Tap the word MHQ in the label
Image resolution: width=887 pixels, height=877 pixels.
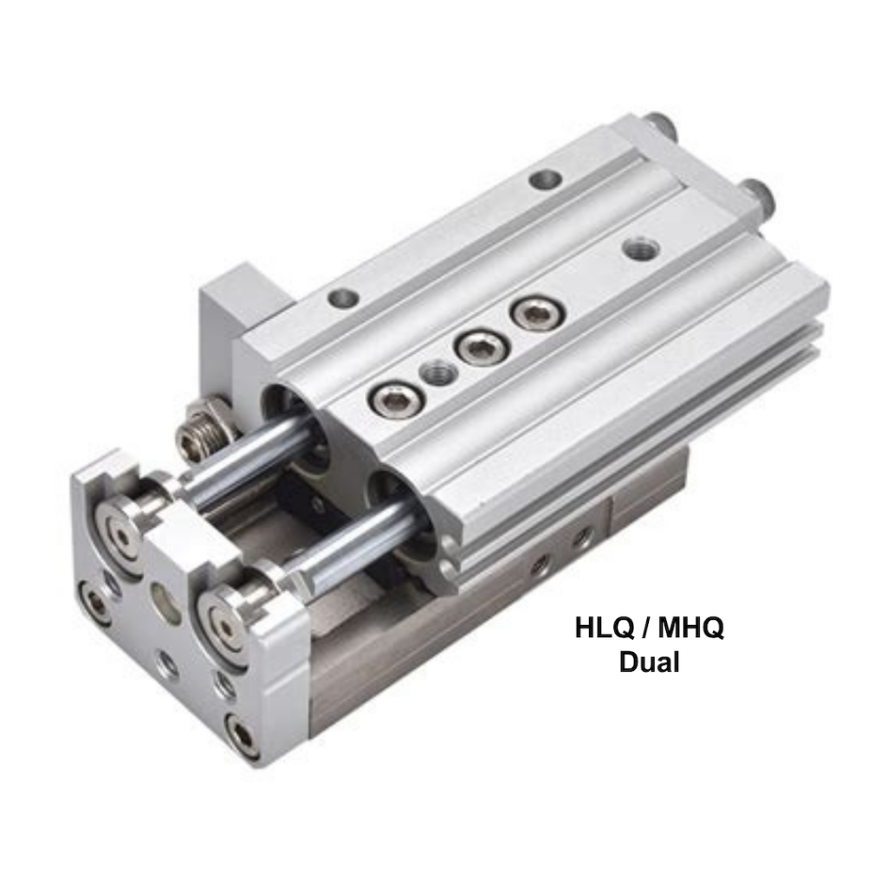point(690,627)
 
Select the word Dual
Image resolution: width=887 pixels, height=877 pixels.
point(649,662)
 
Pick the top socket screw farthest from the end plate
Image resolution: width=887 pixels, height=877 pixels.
point(534,313)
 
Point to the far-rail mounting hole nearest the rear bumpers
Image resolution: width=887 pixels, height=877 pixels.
point(545,180)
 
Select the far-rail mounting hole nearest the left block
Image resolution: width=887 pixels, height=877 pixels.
point(343,299)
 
